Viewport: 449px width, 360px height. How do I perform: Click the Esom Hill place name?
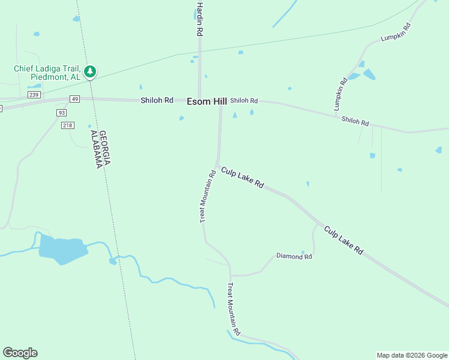(x=206, y=102)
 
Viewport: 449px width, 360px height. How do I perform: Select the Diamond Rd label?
(x=294, y=256)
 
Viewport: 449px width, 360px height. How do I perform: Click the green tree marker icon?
(x=90, y=72)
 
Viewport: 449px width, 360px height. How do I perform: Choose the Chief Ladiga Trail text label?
(x=47, y=73)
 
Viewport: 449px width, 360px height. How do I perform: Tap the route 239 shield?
(x=34, y=95)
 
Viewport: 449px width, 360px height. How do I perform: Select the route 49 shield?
(x=74, y=99)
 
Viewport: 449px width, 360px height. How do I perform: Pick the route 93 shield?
(x=61, y=113)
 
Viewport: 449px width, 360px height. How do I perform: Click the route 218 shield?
(x=67, y=125)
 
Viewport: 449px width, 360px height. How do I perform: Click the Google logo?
(x=20, y=353)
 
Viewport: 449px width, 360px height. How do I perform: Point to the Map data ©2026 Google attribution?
(x=412, y=355)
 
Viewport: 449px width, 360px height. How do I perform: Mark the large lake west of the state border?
(x=61, y=248)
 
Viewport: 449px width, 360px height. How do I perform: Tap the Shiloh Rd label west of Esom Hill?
(x=157, y=100)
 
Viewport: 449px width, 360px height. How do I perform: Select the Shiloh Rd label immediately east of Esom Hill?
(x=244, y=101)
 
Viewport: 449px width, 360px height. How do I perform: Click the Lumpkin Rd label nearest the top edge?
(x=395, y=32)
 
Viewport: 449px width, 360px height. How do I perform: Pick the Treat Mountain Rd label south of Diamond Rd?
(x=234, y=310)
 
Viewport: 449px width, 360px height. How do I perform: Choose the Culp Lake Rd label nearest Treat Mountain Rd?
(x=243, y=178)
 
